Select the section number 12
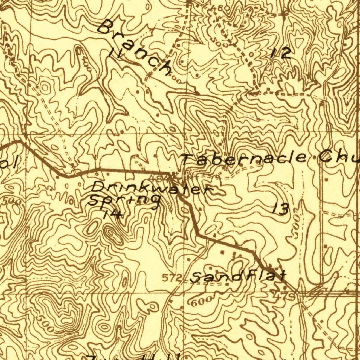point(281,53)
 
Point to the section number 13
point(281,210)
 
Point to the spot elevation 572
point(173,278)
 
